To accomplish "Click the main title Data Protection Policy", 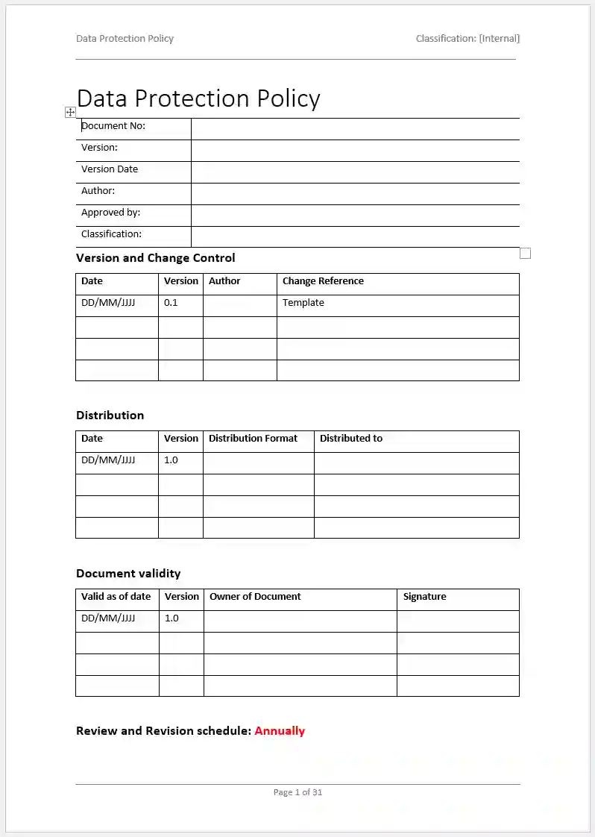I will coord(198,98).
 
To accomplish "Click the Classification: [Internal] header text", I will coord(467,38).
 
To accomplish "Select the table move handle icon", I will coord(70,112).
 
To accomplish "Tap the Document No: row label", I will coord(113,126).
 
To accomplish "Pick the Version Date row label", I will coord(110,169).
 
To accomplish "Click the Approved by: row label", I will coord(110,213).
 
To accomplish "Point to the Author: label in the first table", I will coord(98,191).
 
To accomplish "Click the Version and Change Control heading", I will coord(155,258).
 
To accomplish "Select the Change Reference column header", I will coord(323,281).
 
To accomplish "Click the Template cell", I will coord(303,303).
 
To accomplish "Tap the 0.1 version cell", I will coord(171,303).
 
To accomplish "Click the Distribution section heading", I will coord(110,416).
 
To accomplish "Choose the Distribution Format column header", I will coord(253,439).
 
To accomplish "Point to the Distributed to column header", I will coord(350,439).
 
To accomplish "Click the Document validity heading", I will coord(128,574).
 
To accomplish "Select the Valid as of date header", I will coord(116,597).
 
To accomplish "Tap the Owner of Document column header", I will coord(255,597).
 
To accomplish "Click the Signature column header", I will coord(424,597).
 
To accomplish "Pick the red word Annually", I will coord(280,731).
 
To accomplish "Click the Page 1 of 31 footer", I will coord(297,792).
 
